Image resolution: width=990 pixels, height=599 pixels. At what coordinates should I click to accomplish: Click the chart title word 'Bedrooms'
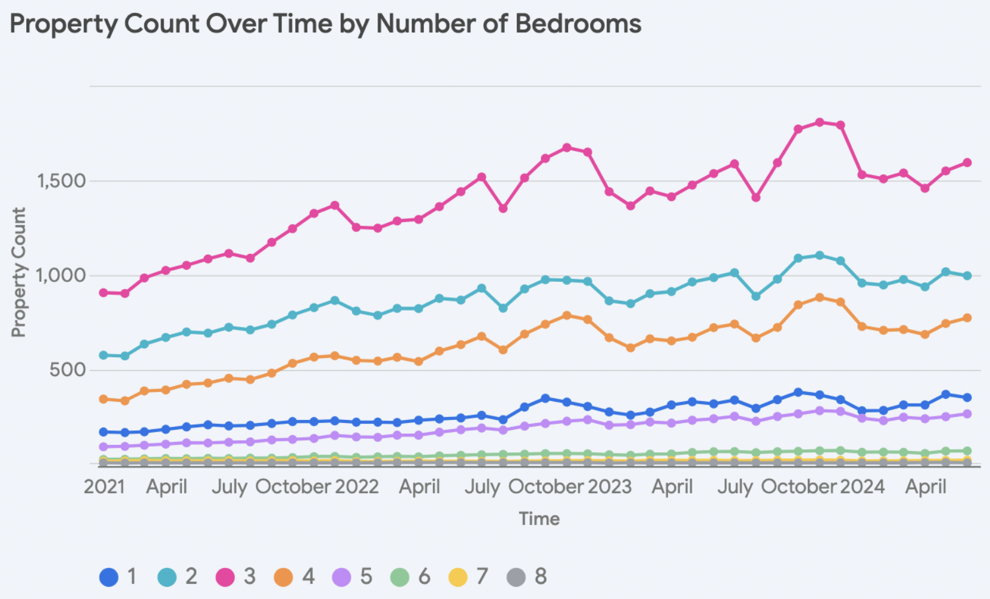point(578,24)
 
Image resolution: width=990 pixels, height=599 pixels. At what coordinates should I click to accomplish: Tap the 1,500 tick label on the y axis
point(60,181)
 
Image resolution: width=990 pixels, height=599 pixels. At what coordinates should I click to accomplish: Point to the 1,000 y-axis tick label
point(60,275)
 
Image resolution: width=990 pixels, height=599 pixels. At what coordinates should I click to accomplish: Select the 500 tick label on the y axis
point(68,370)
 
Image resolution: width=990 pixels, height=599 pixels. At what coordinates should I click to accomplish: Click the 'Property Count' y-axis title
point(19,272)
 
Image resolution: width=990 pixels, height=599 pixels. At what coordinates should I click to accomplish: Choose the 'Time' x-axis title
point(539,519)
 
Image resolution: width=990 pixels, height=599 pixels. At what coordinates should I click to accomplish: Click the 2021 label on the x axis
point(104,487)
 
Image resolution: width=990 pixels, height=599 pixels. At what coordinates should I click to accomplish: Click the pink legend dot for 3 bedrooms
point(225,576)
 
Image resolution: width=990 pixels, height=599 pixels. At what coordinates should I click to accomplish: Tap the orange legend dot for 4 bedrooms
point(284,576)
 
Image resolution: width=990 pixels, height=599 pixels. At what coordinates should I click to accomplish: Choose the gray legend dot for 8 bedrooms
point(516,576)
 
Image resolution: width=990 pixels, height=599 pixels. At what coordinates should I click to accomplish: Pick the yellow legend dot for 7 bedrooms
point(458,576)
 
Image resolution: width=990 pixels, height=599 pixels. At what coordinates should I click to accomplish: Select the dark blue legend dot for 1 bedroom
point(109,576)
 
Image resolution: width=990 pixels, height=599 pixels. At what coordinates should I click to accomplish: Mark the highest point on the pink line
point(820,122)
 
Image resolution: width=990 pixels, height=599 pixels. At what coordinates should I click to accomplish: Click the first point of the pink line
point(104,293)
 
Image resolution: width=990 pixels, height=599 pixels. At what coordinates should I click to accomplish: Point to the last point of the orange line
point(967,318)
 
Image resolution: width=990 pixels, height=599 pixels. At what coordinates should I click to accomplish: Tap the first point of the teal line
point(104,355)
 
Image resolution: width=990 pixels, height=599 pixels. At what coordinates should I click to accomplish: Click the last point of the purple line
point(967,414)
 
